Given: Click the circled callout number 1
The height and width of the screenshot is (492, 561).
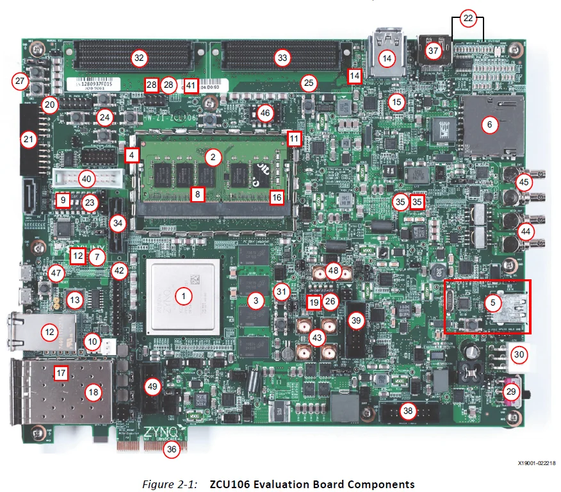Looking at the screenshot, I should pyautogui.click(x=184, y=296).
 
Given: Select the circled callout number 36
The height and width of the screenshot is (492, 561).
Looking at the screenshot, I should pyautogui.click(x=171, y=449).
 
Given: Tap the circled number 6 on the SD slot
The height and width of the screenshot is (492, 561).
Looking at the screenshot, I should pyautogui.click(x=489, y=126).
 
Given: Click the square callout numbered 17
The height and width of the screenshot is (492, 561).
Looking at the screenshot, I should pyautogui.click(x=61, y=372).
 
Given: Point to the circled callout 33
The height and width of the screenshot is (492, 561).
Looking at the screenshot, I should pyautogui.click(x=282, y=58).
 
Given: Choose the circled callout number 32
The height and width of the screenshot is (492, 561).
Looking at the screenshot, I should pyautogui.click(x=140, y=58).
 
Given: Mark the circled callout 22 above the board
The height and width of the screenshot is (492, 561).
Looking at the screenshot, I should pyautogui.click(x=468, y=19).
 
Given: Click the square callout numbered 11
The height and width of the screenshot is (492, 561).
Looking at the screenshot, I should pyautogui.click(x=293, y=138).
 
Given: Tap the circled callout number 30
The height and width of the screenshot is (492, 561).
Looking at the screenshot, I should pyautogui.click(x=519, y=354).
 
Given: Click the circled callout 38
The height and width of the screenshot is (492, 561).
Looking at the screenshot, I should pyautogui.click(x=407, y=411).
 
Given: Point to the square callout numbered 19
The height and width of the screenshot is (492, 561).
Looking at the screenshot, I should pyautogui.click(x=313, y=301).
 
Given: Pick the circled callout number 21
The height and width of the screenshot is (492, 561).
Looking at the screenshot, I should pyautogui.click(x=28, y=140).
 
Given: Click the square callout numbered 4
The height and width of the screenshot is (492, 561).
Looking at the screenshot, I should pyautogui.click(x=132, y=155).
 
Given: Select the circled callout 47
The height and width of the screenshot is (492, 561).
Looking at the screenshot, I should pyautogui.click(x=57, y=274).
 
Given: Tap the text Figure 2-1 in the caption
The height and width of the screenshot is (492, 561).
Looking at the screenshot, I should pyautogui.click(x=168, y=484).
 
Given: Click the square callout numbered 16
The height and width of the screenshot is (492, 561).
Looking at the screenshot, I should pyautogui.click(x=277, y=197).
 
